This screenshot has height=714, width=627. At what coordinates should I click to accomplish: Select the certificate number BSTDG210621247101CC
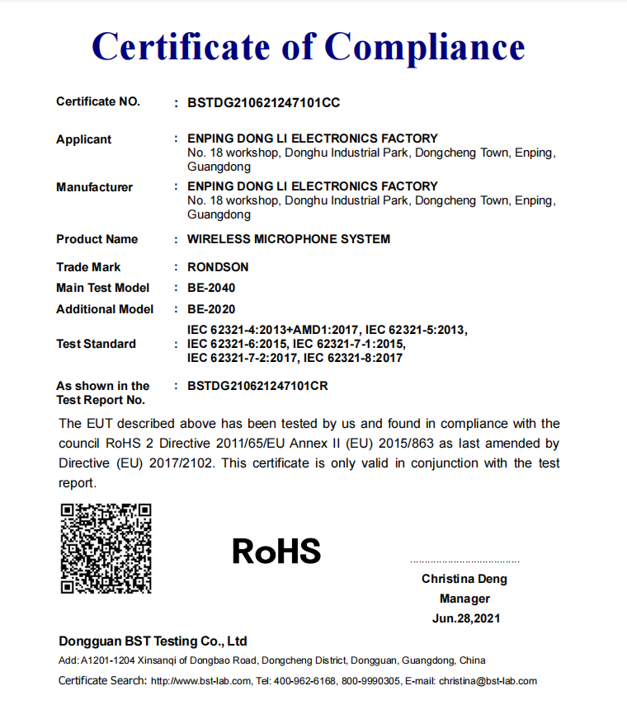(263, 103)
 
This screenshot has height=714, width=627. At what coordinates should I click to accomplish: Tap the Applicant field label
(83, 139)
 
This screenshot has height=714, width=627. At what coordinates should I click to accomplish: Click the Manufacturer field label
(94, 187)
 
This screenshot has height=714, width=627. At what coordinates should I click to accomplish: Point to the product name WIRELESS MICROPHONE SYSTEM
(289, 239)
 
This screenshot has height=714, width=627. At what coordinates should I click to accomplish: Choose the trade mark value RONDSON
(218, 267)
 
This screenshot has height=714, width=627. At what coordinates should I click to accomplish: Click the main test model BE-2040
(211, 288)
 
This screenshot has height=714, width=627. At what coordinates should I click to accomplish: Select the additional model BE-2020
(211, 309)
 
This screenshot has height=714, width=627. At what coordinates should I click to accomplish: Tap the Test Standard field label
(96, 344)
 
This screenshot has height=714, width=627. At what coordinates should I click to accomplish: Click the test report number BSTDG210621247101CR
(263, 385)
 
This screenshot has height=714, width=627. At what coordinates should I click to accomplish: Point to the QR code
(106, 547)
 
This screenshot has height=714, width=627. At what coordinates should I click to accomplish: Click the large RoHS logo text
(276, 551)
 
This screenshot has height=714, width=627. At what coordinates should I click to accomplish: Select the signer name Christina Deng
(464, 579)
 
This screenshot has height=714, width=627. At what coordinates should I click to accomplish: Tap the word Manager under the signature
(464, 599)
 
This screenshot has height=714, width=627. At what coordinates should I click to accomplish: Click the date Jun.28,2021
(464, 618)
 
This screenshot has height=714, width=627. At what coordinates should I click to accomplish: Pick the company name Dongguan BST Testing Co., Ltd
(153, 641)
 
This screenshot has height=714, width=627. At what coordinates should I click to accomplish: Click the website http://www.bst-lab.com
(200, 681)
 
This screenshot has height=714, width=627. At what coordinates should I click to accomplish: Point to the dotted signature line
(464, 561)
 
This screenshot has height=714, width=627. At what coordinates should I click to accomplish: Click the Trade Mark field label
(88, 267)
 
